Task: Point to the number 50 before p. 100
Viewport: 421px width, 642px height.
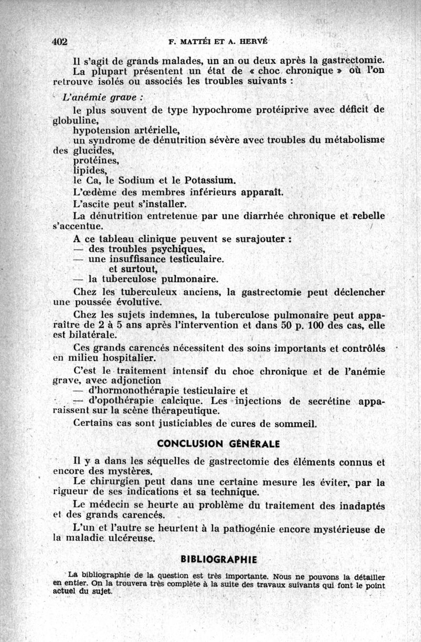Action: coord(287,325)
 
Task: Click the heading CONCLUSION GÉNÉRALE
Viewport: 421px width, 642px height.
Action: coord(218,444)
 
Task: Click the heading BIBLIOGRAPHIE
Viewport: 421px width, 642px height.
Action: coord(219,559)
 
